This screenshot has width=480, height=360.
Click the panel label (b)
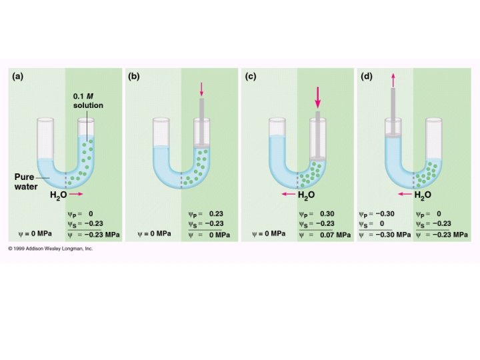(133, 76)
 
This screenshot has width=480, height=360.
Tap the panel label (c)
(251, 76)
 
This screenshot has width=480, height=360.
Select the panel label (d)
(366, 76)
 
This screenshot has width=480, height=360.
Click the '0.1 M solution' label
(88, 101)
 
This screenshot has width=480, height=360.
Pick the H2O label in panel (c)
(306, 195)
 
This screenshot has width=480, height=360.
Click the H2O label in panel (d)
(423, 195)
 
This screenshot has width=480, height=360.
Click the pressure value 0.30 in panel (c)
(326, 213)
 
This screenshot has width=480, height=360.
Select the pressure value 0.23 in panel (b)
(215, 213)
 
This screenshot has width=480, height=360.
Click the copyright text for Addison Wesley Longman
(51, 248)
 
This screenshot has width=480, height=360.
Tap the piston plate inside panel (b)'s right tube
(201, 145)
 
